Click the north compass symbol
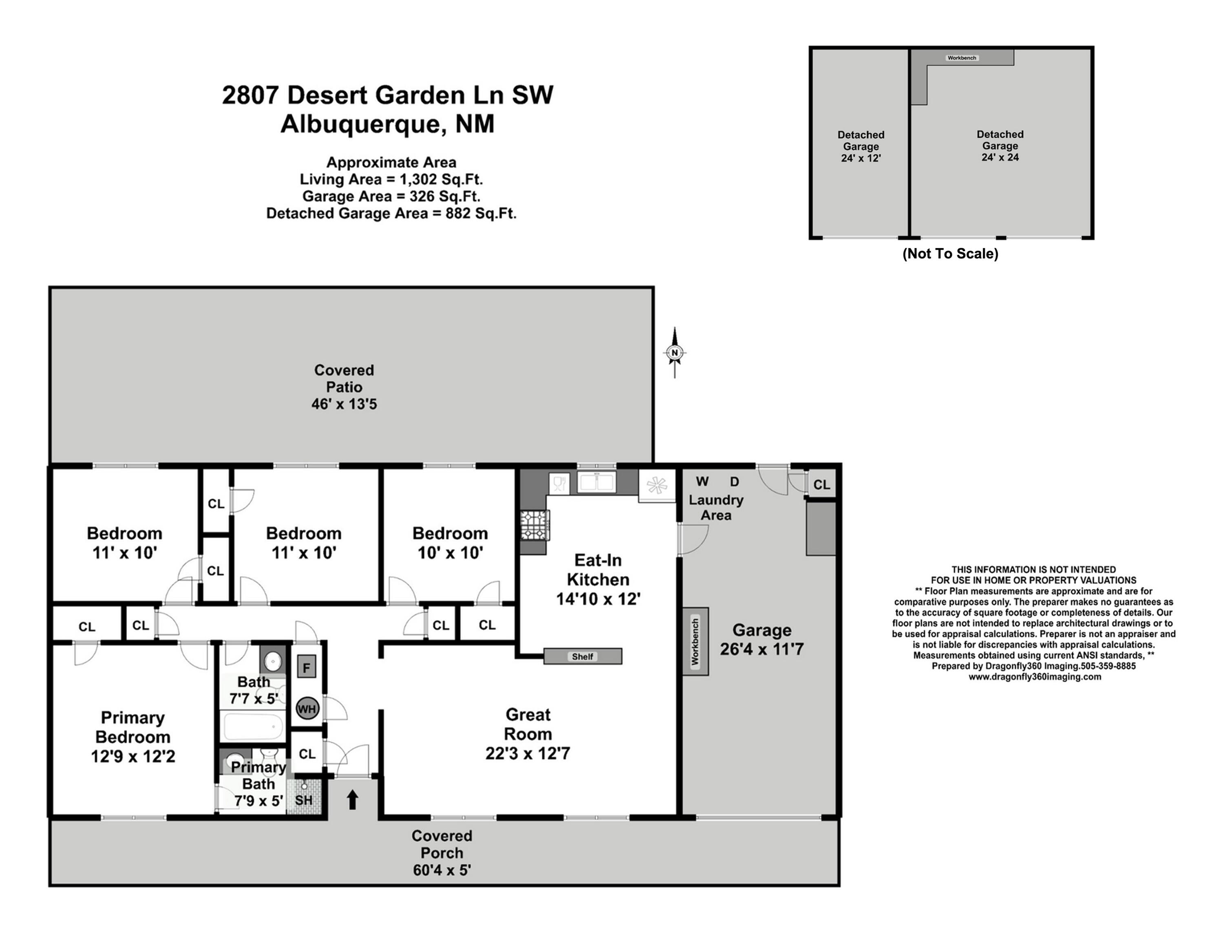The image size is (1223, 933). click(x=675, y=353)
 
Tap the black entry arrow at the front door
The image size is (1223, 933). click(x=352, y=800)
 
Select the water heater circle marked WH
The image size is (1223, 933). click(x=307, y=709)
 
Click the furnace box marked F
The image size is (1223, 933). click(x=306, y=667)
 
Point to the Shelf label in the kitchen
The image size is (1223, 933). click(x=582, y=656)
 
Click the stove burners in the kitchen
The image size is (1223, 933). click(x=534, y=525)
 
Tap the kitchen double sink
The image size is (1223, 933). click(x=597, y=482)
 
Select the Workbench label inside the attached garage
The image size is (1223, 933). click(x=695, y=641)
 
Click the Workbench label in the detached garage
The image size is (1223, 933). click(x=962, y=58)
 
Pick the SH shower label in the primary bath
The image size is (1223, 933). click(x=303, y=800)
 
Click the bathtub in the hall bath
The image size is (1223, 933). click(x=253, y=726)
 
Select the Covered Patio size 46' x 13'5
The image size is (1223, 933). click(x=344, y=404)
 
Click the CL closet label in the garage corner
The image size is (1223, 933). click(x=821, y=485)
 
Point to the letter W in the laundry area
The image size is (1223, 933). click(x=702, y=482)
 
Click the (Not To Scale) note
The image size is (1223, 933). click(x=950, y=254)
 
